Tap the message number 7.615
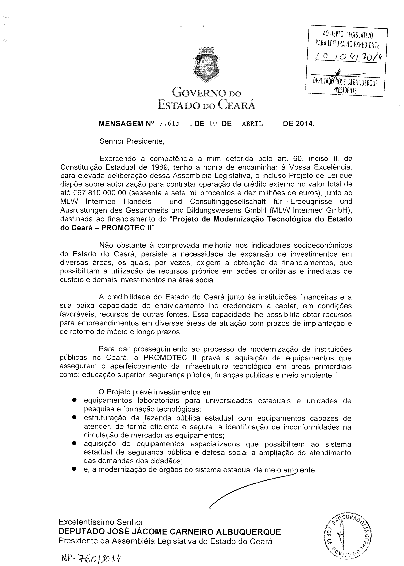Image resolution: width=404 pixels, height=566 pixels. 169,124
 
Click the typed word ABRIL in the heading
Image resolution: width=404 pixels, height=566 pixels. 252,124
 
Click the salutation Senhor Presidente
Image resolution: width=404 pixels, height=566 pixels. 132,141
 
